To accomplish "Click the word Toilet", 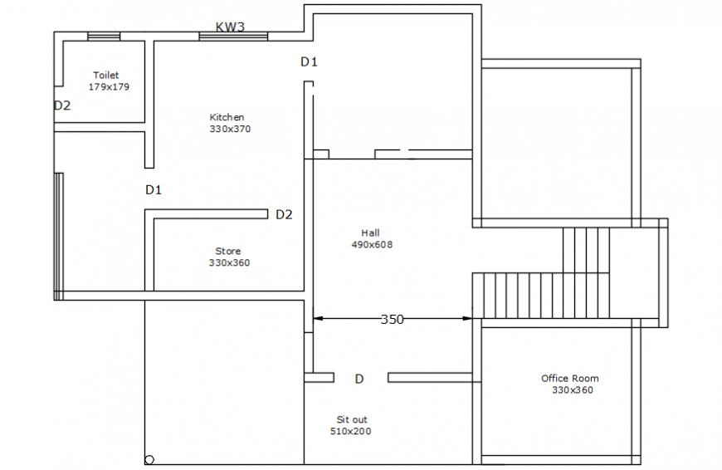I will coord(105,76).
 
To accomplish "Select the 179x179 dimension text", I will coord(109,86).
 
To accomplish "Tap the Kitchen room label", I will coord(227,117).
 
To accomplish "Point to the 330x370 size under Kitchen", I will coord(230,129).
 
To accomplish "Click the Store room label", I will coord(228,251).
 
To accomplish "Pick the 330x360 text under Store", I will coord(229,262).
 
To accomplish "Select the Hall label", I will coord(370,233).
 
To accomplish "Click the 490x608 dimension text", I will coord(372,244).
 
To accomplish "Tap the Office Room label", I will coord(570,379).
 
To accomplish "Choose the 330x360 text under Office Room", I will coord(573,390).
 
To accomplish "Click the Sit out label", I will coord(352,419).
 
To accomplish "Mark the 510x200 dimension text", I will coord(351,431).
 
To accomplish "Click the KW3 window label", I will coord(230,27).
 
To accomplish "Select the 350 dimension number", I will coord(392,319).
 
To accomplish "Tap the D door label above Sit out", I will coord(359,379).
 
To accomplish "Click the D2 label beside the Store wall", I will coord(284,214).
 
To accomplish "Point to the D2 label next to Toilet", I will coord(62,105).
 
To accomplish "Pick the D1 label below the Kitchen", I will coord(154,189).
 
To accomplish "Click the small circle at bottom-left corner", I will coord(149,459).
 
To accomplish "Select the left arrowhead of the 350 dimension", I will coord(317,318).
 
